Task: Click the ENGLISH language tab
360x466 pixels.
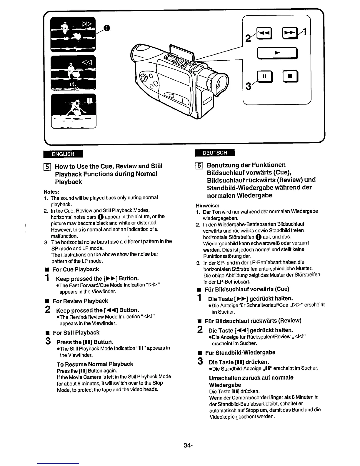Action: click(63, 154)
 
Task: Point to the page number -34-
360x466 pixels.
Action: click(187, 445)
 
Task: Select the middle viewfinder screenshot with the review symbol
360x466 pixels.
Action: click(73, 72)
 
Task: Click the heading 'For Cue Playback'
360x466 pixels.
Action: click(76, 269)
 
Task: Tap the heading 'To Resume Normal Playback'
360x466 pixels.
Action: click(95, 364)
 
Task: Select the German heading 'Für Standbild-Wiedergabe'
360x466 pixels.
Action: click(240, 352)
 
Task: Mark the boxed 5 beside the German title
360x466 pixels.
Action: click(199, 165)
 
